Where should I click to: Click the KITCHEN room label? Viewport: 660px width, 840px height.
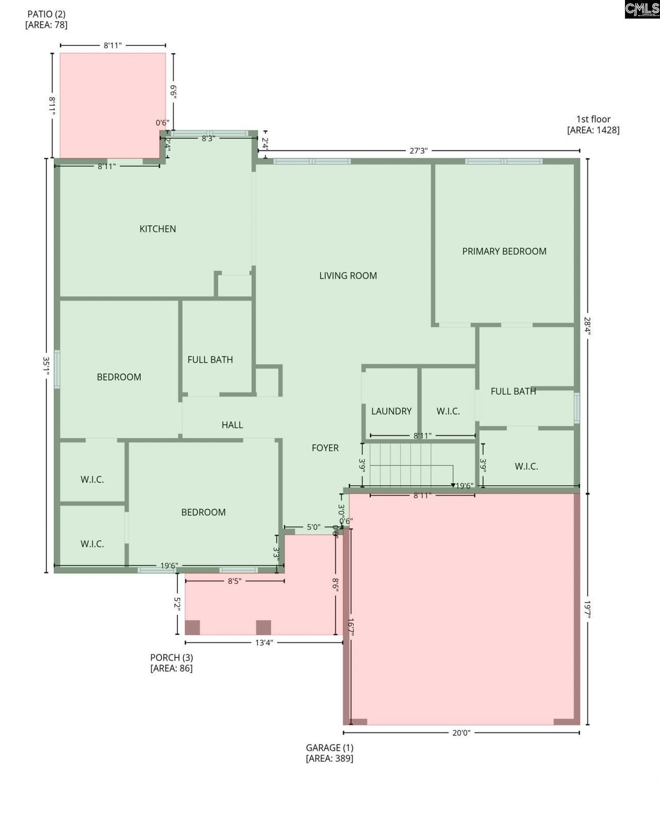[158, 229]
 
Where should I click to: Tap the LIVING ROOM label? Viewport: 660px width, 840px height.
[348, 276]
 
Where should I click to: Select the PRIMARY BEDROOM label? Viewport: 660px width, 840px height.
[504, 252]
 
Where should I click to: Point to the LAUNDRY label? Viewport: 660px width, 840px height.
[391, 411]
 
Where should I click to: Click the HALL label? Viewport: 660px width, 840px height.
[232, 425]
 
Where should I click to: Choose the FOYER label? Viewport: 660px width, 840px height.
[325, 448]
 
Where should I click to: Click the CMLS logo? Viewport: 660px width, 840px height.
[641, 9]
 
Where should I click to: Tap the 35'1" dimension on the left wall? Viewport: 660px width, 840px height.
[47, 366]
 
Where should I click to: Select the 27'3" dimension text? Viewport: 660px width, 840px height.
[418, 151]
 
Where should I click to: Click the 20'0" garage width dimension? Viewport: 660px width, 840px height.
[461, 733]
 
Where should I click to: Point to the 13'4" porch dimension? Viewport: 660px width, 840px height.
[263, 643]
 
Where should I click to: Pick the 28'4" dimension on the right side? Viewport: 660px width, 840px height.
[587, 326]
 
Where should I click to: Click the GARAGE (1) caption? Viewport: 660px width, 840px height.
[329, 748]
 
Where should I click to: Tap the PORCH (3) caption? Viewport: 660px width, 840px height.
[171, 657]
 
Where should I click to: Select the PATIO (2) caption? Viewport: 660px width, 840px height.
[46, 14]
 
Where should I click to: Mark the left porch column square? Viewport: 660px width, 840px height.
[192, 627]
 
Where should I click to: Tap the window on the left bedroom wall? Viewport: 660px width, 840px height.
[57, 369]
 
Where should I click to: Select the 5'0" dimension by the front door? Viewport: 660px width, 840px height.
[314, 528]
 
